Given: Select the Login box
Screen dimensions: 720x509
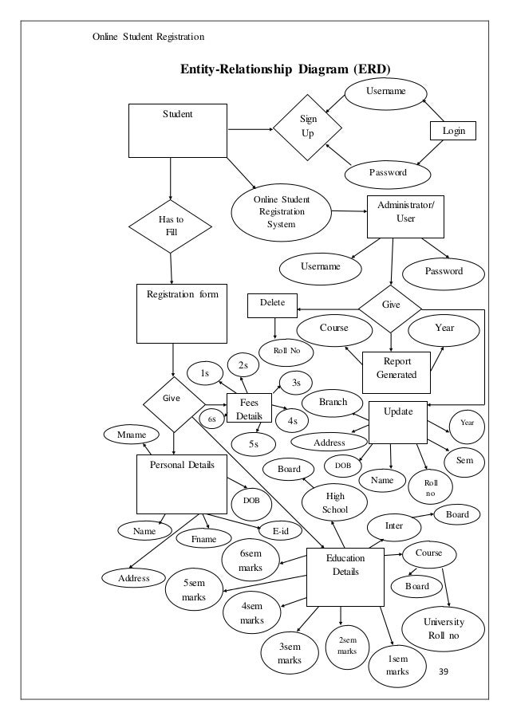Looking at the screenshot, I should coord(452,130).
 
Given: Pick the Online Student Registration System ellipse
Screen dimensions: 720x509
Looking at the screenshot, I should coord(281,212).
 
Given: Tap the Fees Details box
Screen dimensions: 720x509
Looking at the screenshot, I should coord(250,410).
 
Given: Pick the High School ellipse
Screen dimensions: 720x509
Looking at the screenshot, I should coord(335,503).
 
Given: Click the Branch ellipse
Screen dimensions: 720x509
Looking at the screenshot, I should coord(332,403).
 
